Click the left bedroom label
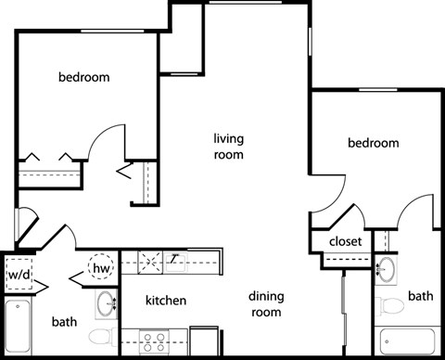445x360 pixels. (x=84, y=77)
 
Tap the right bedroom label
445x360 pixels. (x=374, y=143)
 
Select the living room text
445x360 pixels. (x=228, y=148)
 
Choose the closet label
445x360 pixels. (x=345, y=242)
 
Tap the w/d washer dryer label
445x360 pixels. (x=18, y=275)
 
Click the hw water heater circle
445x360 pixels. (x=102, y=269)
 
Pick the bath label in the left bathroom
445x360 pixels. (x=64, y=322)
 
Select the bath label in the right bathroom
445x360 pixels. (x=421, y=296)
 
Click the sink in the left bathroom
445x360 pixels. (x=108, y=302)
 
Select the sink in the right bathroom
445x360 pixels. (x=387, y=270)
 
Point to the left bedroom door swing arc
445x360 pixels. (x=107, y=139)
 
